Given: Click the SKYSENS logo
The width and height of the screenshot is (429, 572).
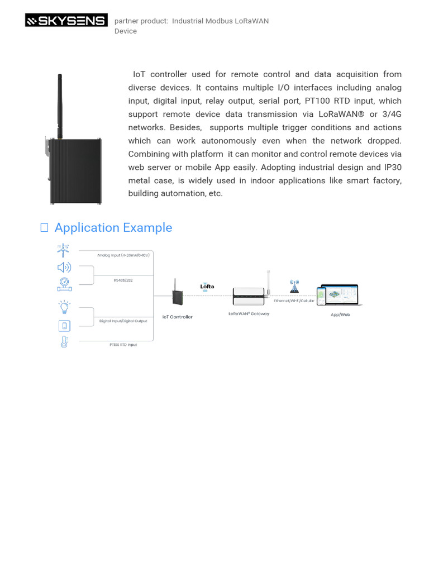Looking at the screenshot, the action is click(66, 21).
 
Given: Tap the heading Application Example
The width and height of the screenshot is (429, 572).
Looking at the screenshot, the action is click(113, 227).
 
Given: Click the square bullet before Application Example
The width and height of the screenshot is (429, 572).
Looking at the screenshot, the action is click(44, 227).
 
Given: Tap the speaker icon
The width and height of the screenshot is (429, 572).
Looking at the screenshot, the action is click(64, 268).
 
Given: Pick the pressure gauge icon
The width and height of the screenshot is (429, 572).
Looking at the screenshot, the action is click(64, 284).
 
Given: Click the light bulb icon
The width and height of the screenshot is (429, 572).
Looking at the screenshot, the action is click(64, 307).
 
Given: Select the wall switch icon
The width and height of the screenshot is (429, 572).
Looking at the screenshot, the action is click(64, 326).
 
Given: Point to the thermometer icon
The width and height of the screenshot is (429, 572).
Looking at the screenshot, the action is click(64, 342).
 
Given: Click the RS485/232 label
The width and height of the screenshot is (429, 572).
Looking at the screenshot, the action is click(120, 281).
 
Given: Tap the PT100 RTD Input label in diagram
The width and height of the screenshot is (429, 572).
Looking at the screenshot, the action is click(123, 345).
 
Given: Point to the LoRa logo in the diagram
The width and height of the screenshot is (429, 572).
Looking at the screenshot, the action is click(207, 287).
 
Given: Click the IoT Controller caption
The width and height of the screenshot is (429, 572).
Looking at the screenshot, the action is click(177, 317).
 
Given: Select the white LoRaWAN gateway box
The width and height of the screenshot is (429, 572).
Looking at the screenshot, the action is click(249, 296).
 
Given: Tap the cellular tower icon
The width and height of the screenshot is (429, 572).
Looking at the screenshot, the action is click(294, 287).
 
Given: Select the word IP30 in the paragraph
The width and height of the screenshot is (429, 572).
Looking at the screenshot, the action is click(393, 167).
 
